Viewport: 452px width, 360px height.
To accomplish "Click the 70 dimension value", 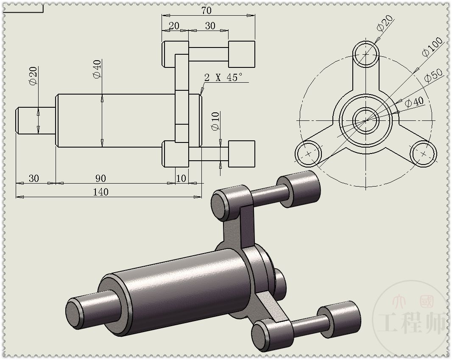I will pos(206,10).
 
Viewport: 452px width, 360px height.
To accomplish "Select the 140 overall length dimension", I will pos(100,192).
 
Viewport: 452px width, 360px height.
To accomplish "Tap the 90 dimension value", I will pos(100,178).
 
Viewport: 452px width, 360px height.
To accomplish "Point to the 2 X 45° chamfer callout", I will pos(223,77).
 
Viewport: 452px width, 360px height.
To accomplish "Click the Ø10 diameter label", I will pos(215,121).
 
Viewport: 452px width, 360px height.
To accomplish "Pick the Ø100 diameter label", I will pos(432,47).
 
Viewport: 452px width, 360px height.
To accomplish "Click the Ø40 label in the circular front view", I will pos(414,102).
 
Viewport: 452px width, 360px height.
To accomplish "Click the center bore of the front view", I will pos(366,120).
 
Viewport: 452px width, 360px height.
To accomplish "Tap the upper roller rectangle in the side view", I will pos(242,54).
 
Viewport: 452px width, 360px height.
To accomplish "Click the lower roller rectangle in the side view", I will pos(242,153).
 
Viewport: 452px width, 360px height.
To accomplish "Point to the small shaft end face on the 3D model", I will pos(75,313).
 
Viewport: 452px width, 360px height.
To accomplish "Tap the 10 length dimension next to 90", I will pos(181,178).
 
